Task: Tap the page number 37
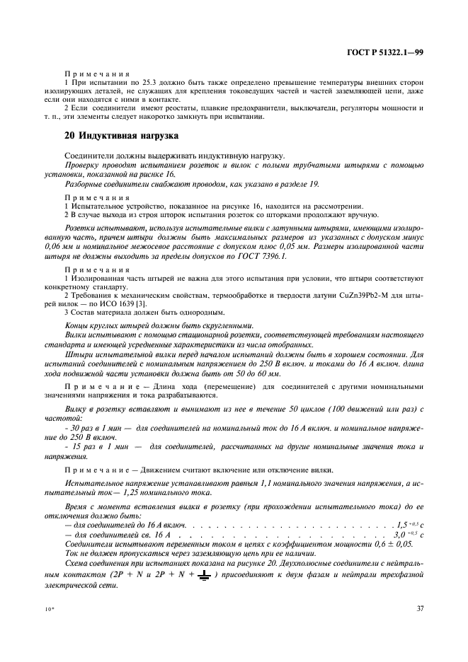419,608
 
